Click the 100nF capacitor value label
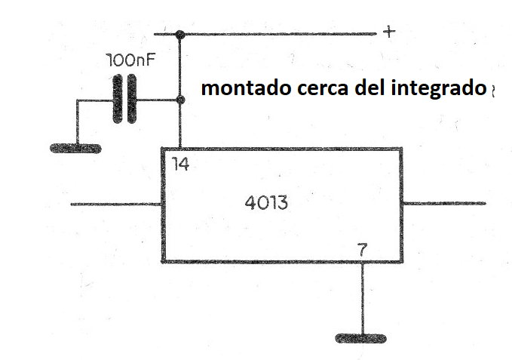click(130, 60)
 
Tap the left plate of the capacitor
click(118, 99)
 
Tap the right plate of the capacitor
click(132, 99)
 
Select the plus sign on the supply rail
click(389, 32)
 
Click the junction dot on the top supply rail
click(180, 34)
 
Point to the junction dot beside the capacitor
click(180, 100)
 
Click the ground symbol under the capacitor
click(75, 149)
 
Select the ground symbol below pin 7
click(361, 338)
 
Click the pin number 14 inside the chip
click(180, 164)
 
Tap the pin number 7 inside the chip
click(363, 250)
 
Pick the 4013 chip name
click(266, 202)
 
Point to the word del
click(370, 88)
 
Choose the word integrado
click(439, 89)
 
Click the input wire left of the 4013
click(116, 205)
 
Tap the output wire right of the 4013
click(444, 204)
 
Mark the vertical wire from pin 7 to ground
click(363, 298)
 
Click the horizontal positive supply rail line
click(265, 34)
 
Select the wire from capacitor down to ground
click(78, 122)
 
